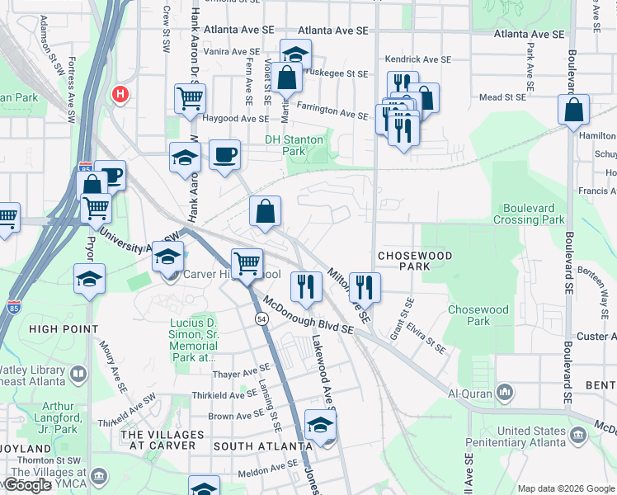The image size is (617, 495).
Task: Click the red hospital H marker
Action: [x=120, y=95]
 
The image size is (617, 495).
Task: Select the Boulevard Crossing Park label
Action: [x=529, y=214]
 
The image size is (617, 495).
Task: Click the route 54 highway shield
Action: [x=261, y=318]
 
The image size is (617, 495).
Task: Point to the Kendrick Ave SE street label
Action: [x=418, y=59]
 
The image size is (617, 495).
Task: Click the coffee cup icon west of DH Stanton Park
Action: [x=224, y=154]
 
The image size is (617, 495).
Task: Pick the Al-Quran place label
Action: [x=473, y=394]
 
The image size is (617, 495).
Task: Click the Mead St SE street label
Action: [x=502, y=97]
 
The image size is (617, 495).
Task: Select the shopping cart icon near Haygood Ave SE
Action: [x=190, y=99]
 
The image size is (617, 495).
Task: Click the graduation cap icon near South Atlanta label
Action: [x=320, y=425]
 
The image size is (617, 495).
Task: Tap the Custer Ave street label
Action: [x=597, y=337]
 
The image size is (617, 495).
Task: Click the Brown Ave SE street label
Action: [x=233, y=417]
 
